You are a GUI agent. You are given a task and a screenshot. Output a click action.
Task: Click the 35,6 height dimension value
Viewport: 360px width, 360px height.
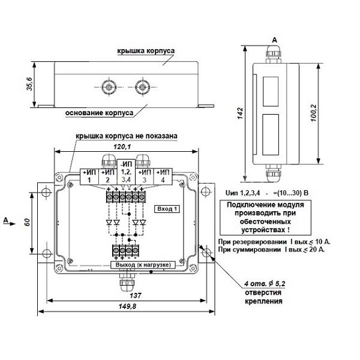click(30, 84)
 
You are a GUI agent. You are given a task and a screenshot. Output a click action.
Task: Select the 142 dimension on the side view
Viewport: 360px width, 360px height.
click(240, 113)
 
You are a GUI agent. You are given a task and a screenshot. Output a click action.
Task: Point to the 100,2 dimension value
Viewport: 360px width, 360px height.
click(313, 113)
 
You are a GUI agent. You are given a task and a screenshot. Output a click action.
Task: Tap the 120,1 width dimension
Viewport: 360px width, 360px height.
click(122, 146)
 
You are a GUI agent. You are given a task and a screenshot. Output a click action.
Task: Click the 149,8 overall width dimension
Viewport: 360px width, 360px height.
click(127, 306)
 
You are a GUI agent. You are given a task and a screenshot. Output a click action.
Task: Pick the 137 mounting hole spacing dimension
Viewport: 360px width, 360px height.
click(136, 295)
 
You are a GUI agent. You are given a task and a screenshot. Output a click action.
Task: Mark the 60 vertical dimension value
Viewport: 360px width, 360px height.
click(27, 222)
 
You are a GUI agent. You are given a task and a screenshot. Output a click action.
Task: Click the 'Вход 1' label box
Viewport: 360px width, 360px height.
click(167, 209)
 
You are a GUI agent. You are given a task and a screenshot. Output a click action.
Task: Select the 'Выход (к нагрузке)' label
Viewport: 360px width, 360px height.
click(143, 265)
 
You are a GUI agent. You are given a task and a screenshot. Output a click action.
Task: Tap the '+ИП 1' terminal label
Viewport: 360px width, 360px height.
click(89, 176)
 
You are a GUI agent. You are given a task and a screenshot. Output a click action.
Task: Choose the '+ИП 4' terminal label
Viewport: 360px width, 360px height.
click(163, 176)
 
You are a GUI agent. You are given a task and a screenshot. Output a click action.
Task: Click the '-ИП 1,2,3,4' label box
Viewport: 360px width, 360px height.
click(126, 172)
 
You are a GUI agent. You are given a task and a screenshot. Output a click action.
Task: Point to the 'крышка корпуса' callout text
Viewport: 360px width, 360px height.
click(146, 51)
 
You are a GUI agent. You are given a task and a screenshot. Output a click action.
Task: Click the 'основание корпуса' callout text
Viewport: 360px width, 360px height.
click(100, 113)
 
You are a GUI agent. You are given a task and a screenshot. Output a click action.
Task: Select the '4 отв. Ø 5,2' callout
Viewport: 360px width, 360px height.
click(265, 284)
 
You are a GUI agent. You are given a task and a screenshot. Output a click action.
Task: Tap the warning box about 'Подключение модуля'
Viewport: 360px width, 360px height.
click(265, 217)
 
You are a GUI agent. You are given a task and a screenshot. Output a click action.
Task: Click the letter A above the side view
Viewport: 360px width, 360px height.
click(274, 40)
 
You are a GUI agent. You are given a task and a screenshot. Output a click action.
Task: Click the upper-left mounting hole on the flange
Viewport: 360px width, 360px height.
click(46, 192)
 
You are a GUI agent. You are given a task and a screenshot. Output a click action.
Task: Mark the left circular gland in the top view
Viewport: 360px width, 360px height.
click(109, 87)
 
